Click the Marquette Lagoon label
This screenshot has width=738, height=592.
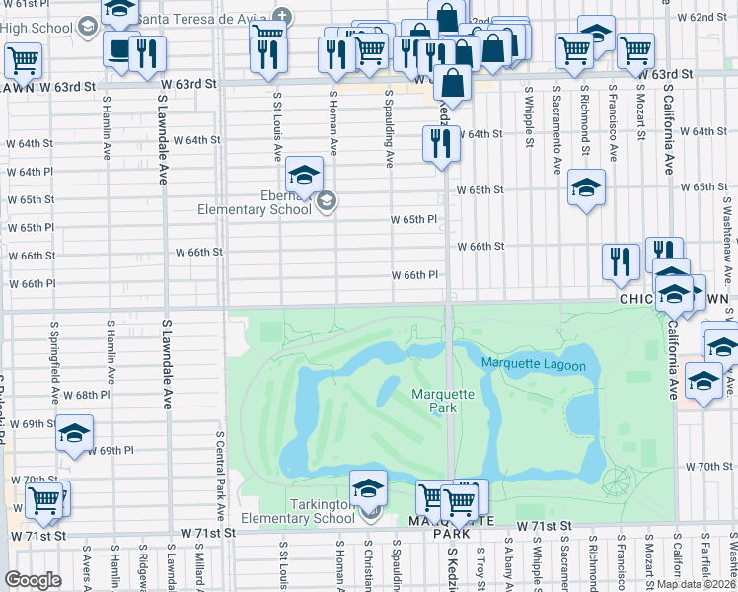click(x=534, y=365)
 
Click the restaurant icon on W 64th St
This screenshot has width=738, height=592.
click(x=440, y=144)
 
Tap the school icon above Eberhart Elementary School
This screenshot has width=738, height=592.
click(x=304, y=176)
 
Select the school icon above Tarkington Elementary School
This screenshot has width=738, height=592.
click(x=368, y=487)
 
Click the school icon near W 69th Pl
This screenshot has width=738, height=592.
click(x=74, y=433)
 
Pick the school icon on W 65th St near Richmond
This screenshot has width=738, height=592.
click(x=586, y=186)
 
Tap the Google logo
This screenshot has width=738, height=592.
click(x=33, y=580)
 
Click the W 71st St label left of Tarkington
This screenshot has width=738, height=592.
click(x=207, y=532)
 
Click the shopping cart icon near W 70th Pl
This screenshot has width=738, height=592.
click(x=44, y=501)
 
